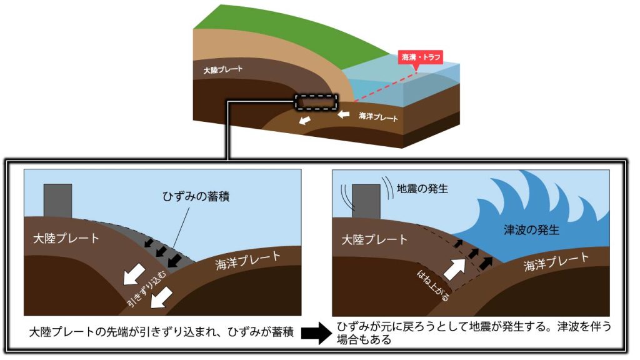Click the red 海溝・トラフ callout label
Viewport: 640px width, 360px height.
(421, 57)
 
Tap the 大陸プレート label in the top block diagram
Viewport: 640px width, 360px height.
(223, 70)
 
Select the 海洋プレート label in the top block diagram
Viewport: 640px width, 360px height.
(378, 117)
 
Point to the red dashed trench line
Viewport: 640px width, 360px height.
(385, 86)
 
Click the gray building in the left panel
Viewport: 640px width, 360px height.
(57, 200)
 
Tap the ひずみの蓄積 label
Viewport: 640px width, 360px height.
(196, 196)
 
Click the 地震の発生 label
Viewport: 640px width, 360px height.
(422, 189)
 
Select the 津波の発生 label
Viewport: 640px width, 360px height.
(531, 230)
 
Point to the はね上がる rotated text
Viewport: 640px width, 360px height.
(433, 285)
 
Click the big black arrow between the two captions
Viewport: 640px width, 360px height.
(316, 333)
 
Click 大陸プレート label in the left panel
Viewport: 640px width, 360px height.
(66, 238)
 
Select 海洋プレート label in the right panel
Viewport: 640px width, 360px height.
(556, 262)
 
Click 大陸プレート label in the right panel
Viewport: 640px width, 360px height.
(374, 239)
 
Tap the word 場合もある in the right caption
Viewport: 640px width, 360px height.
(364, 339)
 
